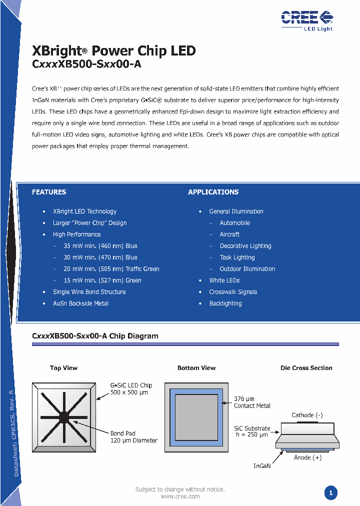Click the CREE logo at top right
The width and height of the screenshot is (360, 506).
(x=306, y=19)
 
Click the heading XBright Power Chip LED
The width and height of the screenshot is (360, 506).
(x=113, y=51)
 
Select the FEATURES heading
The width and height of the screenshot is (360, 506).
(x=49, y=192)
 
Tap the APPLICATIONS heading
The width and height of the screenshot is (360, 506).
(x=213, y=192)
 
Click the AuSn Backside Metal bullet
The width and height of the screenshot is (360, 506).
(x=80, y=303)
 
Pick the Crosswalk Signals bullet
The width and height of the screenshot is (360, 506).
(x=233, y=292)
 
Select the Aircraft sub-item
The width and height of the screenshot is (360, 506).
(x=229, y=234)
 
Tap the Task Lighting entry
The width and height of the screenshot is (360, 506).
(x=237, y=257)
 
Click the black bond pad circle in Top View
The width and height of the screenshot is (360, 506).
(x=64, y=416)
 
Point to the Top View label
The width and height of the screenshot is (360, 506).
(x=63, y=368)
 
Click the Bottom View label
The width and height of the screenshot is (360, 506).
(x=196, y=368)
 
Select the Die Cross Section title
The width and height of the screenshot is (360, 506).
(x=306, y=368)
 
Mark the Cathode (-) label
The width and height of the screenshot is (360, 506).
(x=307, y=415)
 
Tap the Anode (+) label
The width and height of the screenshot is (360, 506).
(x=307, y=457)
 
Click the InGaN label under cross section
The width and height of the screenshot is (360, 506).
(x=262, y=466)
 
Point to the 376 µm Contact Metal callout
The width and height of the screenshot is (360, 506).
(x=252, y=402)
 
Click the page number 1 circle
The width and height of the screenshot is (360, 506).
(x=330, y=493)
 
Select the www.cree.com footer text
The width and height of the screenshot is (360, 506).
(x=180, y=496)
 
